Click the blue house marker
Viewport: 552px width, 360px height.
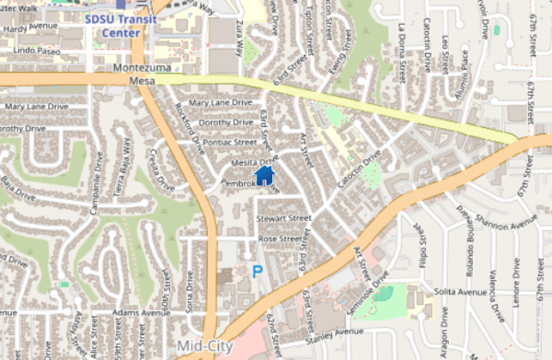click(264, 174)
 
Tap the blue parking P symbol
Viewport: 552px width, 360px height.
click(257, 272)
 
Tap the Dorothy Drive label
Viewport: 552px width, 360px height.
click(225, 122)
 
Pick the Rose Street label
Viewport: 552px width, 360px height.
click(281, 238)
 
